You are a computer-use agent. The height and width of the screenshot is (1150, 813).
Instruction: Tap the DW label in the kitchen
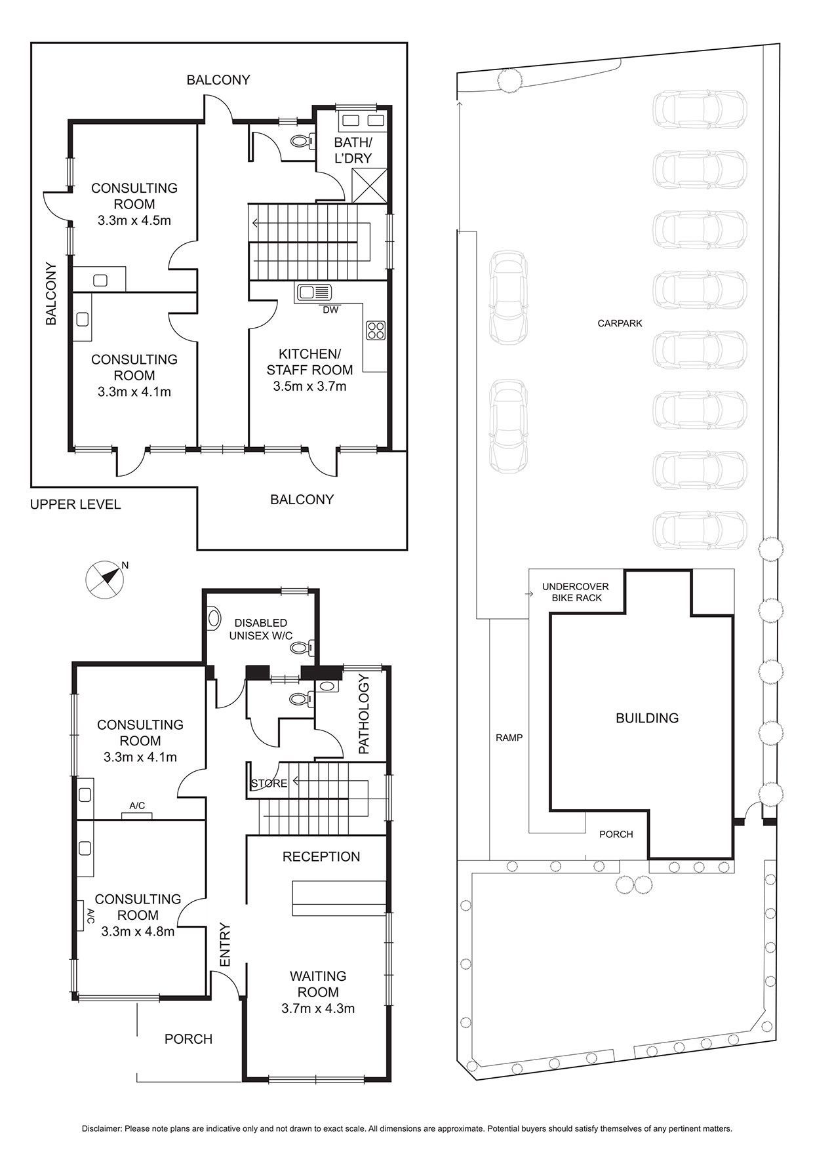[x=330, y=310]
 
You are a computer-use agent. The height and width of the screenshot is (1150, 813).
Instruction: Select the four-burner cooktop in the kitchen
[x=376, y=330]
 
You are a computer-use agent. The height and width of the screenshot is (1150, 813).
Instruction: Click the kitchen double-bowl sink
[x=315, y=292]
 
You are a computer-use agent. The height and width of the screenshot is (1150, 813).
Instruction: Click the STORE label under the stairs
[x=269, y=783]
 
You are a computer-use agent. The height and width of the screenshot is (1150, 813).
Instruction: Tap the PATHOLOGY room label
[x=364, y=715]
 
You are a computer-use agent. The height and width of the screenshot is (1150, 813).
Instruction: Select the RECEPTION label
[x=321, y=856]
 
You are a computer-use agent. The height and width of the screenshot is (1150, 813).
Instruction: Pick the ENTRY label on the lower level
[x=225, y=945]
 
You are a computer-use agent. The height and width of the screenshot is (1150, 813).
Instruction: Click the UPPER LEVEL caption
[x=75, y=504]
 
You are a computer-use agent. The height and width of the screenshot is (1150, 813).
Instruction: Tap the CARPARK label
[x=620, y=323]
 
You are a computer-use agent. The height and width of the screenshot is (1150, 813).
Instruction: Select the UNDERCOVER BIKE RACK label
[x=575, y=592]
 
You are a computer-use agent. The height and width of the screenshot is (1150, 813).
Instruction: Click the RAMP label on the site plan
[x=509, y=738]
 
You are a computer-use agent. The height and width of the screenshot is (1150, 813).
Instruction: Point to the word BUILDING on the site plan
[x=647, y=718]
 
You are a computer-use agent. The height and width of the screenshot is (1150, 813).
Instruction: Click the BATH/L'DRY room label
[x=353, y=150]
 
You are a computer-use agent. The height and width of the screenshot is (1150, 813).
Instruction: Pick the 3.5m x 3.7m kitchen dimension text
[x=309, y=386]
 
